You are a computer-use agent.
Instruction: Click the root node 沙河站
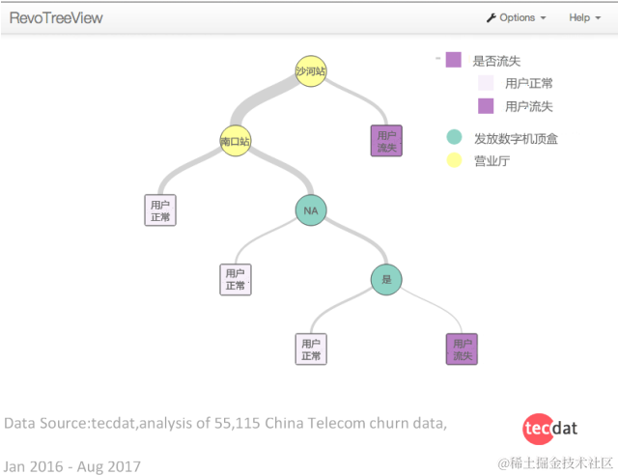point(310,70)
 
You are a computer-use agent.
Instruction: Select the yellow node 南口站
point(235,141)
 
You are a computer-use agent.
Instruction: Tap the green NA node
point(310,210)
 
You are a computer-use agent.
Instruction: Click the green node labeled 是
point(386,280)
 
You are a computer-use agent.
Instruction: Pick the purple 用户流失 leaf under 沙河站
point(386,141)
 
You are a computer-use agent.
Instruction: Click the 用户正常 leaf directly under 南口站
point(159,210)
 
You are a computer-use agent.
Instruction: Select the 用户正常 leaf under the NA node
point(235,279)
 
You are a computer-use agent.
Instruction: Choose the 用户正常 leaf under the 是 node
point(310,349)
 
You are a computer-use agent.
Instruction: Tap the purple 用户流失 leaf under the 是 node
point(462,349)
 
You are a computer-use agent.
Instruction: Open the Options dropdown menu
point(517,17)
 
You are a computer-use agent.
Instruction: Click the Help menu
point(583,17)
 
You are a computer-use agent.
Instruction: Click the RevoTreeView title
point(56,17)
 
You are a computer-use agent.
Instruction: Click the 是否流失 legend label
point(496,61)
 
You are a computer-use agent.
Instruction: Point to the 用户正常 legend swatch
point(486,83)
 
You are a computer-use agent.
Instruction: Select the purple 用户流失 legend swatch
point(486,105)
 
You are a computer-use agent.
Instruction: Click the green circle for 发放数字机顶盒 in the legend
point(454,138)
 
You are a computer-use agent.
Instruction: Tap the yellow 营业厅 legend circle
point(454,160)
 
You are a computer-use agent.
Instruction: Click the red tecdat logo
point(549,427)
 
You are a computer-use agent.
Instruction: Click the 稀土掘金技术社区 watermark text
point(561,464)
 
